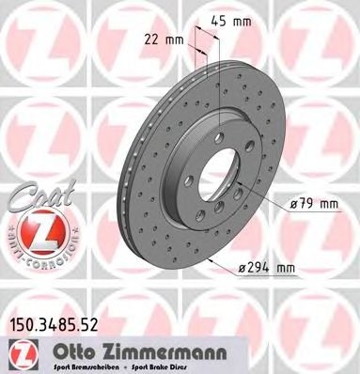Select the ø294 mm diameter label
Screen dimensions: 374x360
pyautogui.click(x=267, y=271)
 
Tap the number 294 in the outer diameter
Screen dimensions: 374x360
pyautogui.click(x=262, y=271)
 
